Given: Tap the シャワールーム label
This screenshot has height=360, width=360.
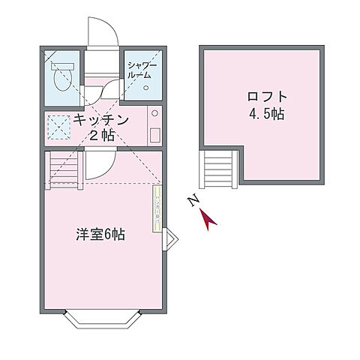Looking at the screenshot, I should point(141,70).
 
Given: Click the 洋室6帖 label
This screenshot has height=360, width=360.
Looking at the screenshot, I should point(100,234).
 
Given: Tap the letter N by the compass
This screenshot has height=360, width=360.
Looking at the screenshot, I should point(193,201).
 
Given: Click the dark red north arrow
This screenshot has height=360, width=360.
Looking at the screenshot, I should point(210,218).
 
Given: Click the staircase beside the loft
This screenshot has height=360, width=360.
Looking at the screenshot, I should point(220,168).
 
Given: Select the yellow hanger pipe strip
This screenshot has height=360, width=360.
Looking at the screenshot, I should point(157,210).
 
